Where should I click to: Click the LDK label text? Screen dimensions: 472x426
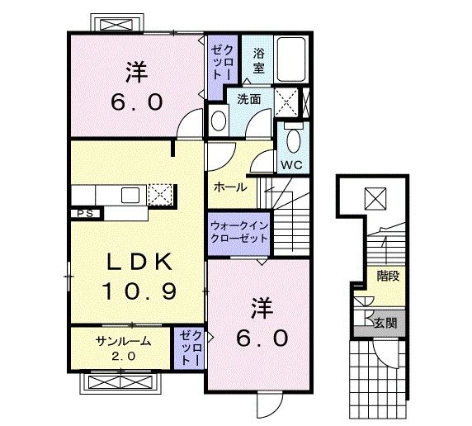[x=140, y=261]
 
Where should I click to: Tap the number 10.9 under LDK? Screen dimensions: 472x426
[x=139, y=291]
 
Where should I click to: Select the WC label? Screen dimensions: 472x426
[x=291, y=165]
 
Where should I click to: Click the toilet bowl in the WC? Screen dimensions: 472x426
[x=294, y=141]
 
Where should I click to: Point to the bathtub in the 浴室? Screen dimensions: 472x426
[x=291, y=59]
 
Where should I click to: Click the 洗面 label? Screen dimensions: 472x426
[x=249, y=99]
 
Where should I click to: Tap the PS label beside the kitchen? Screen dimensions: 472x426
[x=85, y=214]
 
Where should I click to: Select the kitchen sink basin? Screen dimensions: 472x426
[x=130, y=195]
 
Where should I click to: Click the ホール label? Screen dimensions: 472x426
[x=230, y=187]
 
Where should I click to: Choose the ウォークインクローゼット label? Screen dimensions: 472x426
[x=239, y=232]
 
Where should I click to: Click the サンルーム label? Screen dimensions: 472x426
[x=123, y=341]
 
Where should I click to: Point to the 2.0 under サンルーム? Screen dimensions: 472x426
[x=124, y=357]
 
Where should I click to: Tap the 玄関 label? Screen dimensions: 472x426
[x=385, y=323]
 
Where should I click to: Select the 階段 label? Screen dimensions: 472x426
[x=389, y=276]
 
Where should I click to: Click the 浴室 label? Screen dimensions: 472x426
[x=258, y=60]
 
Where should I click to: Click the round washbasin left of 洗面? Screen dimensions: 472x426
[x=219, y=121]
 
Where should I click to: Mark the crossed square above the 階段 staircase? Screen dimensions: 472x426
[x=375, y=198]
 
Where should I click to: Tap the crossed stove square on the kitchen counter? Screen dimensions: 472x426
[x=160, y=195]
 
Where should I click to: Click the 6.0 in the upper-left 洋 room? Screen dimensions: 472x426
[x=137, y=102]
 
